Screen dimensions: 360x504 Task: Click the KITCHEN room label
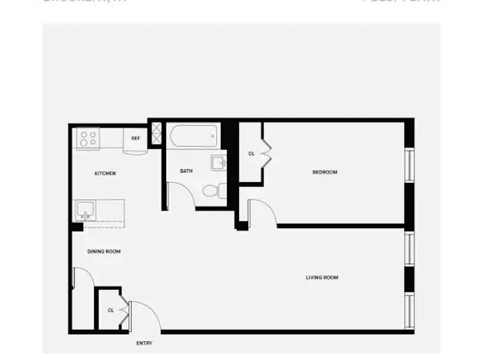click(105, 173)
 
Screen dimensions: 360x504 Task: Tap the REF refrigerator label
click(136, 138)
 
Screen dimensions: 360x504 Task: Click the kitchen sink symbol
click(85, 210)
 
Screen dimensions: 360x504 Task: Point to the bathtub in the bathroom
click(193, 135)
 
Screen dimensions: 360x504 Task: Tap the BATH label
click(186, 171)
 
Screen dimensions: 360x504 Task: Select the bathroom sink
click(219, 162)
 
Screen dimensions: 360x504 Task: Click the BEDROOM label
click(325, 172)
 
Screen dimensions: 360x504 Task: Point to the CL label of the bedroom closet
click(251, 153)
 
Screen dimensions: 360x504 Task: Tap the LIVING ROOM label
click(322, 278)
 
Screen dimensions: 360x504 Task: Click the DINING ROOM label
click(104, 252)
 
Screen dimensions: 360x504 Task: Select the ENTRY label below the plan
click(144, 343)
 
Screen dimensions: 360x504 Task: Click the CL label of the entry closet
click(111, 310)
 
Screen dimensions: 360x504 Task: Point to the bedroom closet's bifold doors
click(266, 153)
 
